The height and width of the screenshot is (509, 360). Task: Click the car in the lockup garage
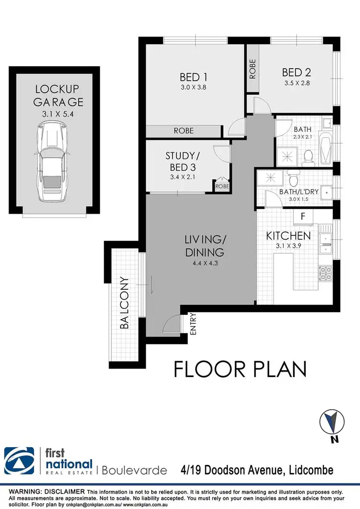(x=52, y=161)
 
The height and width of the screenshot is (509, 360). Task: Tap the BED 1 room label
(x=193, y=77)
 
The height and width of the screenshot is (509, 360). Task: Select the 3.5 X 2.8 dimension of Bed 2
(x=297, y=83)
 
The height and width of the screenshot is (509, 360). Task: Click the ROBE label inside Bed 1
(x=183, y=130)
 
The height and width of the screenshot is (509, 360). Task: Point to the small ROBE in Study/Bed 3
(x=222, y=186)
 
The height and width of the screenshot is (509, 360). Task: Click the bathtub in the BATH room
(x=325, y=148)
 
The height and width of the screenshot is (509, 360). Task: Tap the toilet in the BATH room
(x=307, y=157)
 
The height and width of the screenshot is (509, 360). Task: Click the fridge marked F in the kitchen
(x=303, y=216)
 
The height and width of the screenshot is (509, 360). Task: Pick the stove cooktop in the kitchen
(x=325, y=273)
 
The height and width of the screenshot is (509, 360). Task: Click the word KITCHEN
(x=288, y=236)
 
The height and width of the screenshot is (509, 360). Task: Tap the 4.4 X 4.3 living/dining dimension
(x=205, y=263)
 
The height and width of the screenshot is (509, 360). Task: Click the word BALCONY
(x=124, y=303)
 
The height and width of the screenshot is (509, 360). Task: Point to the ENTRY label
(x=193, y=324)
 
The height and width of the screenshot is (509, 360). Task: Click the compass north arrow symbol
(x=332, y=422)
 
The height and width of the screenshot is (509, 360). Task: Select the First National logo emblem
(x=19, y=461)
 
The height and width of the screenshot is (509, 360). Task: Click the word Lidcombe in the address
(x=311, y=470)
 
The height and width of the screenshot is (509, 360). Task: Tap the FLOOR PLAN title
(x=240, y=369)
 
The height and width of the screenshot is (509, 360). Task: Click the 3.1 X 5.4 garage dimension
(x=58, y=114)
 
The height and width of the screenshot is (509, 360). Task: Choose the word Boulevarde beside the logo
(x=134, y=470)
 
